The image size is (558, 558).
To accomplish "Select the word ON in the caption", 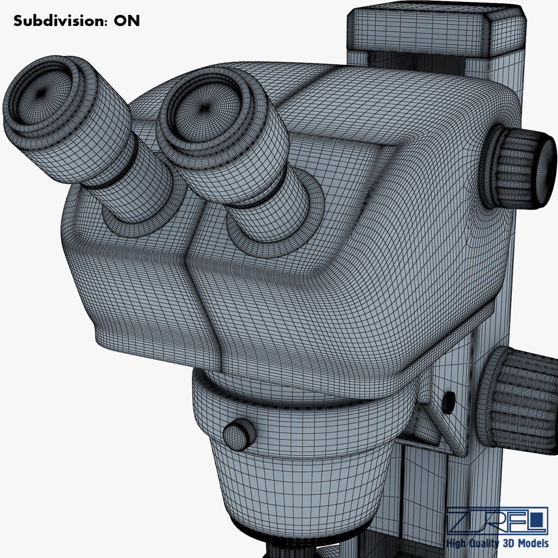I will click(127, 21).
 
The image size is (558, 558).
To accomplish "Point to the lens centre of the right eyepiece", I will click(205, 108).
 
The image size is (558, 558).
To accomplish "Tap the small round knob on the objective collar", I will click(239, 435).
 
